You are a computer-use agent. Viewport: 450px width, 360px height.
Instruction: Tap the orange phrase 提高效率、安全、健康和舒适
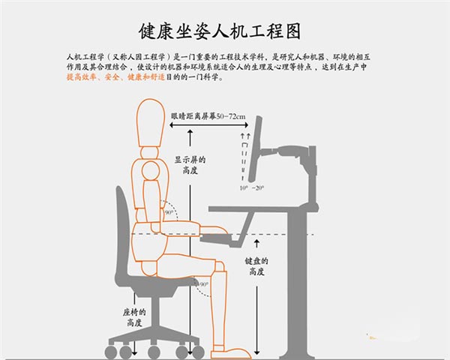113,77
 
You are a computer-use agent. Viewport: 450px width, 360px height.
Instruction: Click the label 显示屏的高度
190,165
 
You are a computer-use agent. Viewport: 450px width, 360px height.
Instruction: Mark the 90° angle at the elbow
169,212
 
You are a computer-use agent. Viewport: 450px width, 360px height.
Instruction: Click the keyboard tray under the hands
226,239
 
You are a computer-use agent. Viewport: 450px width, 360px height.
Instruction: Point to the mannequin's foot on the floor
229,350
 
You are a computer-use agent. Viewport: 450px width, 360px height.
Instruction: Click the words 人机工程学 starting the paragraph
82,56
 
